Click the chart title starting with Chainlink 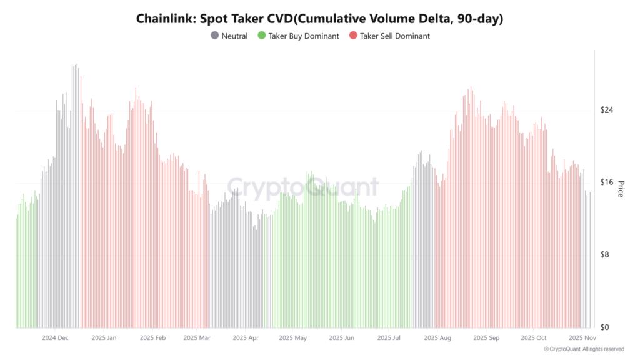319,19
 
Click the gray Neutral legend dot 215,36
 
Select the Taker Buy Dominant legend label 303,36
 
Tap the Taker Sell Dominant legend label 394,36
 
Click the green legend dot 261,36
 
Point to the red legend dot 353,36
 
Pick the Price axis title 621,188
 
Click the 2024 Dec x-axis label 55,338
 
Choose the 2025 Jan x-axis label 104,338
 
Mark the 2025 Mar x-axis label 197,338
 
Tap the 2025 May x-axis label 293,338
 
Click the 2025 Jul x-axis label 389,338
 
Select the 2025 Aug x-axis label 437,338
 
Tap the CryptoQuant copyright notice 584,349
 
